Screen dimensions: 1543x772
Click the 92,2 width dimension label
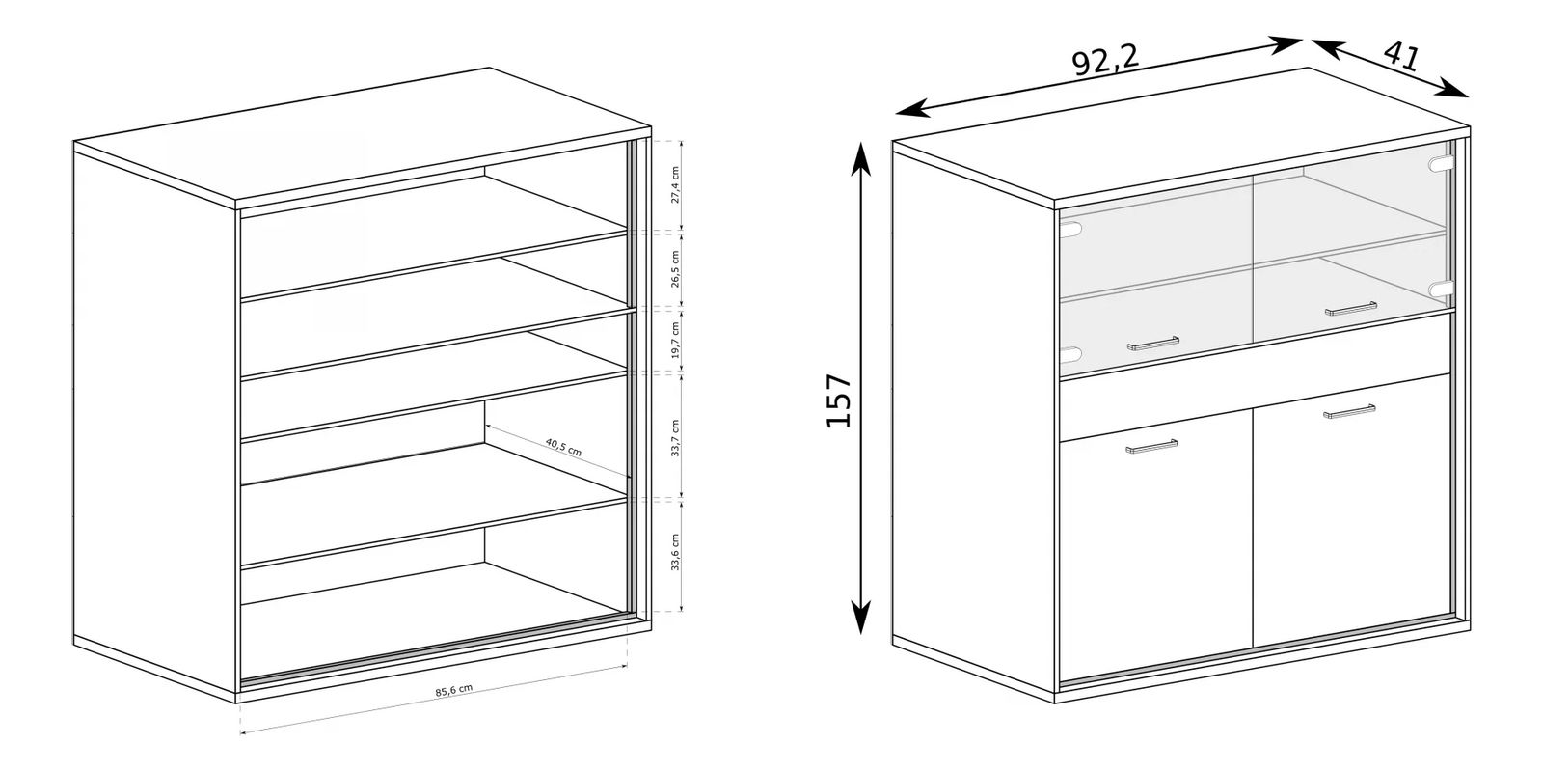(1105, 62)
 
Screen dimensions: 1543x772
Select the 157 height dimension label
(839, 400)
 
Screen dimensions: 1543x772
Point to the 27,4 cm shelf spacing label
(675, 184)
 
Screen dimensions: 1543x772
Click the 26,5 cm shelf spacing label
(675, 269)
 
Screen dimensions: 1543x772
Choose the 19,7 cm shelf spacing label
(675, 340)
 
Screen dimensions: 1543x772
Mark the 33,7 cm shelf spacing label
(675, 438)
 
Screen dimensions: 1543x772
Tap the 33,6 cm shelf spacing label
(675, 552)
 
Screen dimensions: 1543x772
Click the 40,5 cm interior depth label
(563, 448)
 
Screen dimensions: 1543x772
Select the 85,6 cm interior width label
(454, 690)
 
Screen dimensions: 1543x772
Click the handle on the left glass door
(1153, 344)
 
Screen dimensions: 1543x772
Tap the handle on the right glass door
(1351, 309)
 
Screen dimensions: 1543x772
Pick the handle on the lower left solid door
(1151, 447)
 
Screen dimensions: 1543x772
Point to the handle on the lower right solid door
(1349, 412)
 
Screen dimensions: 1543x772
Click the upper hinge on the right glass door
(1441, 164)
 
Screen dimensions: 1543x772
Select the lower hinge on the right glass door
(1441, 289)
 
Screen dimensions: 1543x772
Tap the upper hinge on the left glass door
(1071, 230)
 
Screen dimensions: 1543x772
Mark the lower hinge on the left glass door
(1071, 355)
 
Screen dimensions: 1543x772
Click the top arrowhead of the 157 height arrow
(859, 157)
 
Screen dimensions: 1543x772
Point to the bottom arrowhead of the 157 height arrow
(860, 617)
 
